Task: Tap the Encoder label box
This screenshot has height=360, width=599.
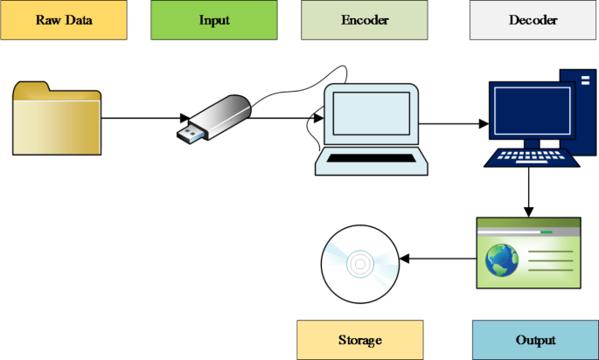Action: pyautogui.click(x=365, y=21)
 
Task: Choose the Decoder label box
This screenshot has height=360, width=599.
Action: pyautogui.click(x=533, y=21)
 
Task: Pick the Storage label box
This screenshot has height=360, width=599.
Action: pyautogui.click(x=360, y=340)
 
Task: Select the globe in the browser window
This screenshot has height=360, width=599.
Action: pyautogui.click(x=502, y=259)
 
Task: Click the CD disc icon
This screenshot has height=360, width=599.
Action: pyautogui.click(x=359, y=262)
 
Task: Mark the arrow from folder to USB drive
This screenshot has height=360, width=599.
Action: pyautogui.click(x=144, y=117)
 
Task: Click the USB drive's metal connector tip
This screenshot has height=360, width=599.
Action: pyautogui.click(x=189, y=133)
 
